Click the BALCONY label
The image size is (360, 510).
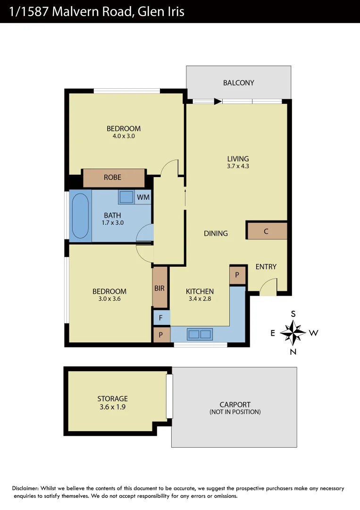[x=238, y=83]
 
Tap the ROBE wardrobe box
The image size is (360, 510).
[x=114, y=178]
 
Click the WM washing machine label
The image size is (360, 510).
[x=143, y=197]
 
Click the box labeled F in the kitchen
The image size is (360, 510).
[x=161, y=318]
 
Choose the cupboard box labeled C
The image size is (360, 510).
[x=267, y=231]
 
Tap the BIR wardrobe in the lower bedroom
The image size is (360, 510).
[x=160, y=288]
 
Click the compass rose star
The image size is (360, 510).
[x=293, y=332]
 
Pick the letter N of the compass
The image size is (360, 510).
[x=293, y=351]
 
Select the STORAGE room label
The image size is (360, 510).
[x=112, y=399]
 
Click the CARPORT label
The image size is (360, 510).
[x=235, y=404]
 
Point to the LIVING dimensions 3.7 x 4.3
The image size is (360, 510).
[x=238, y=166]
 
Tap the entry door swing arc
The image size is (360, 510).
[x=268, y=286]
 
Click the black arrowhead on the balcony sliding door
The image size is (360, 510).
[x=218, y=101]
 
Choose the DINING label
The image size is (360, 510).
[x=216, y=233]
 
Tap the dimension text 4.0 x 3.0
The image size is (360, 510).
[x=124, y=136]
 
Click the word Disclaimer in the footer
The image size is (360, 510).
[x=25, y=488]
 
